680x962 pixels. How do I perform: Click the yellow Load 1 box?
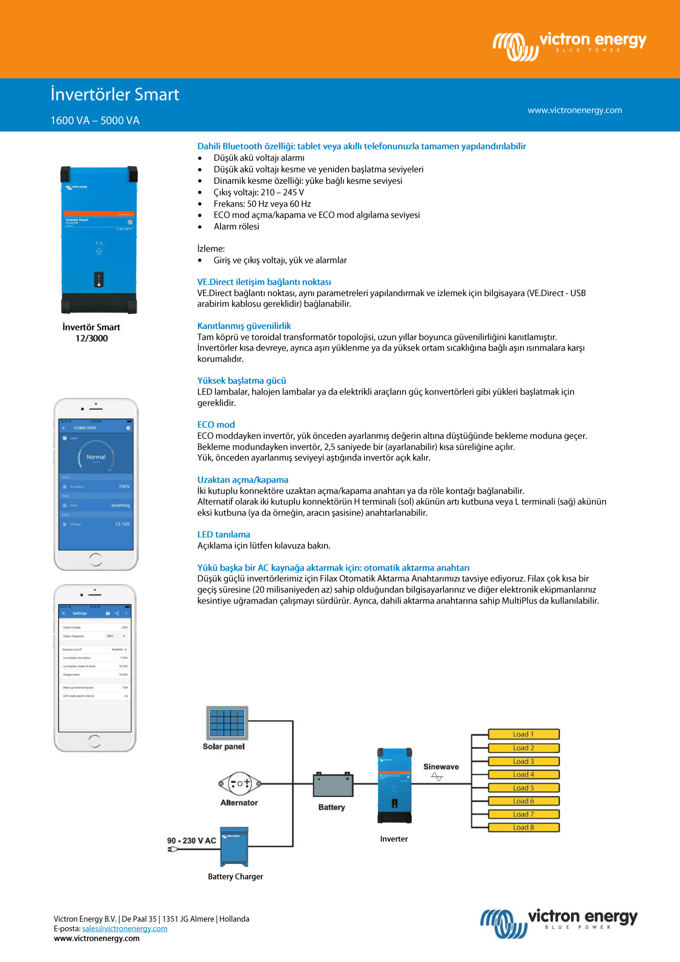pos(523,734)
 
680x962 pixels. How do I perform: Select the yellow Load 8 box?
pos(523,827)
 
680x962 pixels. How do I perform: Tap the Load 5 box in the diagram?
pos(523,788)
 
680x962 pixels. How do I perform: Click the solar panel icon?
pos(227,723)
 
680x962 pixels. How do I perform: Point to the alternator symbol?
pos(240,783)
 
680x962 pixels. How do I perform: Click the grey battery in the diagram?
pos(333,784)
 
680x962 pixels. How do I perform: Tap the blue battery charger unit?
pos(234,846)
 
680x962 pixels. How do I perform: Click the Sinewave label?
pos(441,766)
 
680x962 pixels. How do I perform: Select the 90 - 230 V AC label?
pos(191,841)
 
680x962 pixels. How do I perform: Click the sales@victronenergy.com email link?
pos(125,929)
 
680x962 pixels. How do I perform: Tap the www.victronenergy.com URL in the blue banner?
pos(574,110)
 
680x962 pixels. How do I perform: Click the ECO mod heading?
pos(216,424)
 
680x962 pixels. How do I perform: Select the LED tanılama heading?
pos(224,534)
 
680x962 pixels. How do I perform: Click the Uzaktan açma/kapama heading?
pos(243,479)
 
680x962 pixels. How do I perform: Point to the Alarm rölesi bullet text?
pos(236,226)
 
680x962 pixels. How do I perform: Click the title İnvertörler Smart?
pos(115,94)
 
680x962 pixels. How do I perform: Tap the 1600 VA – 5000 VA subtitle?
pos(95,121)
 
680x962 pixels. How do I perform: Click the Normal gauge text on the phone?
pos(96,457)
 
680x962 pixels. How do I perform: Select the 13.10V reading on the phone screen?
pos(122,524)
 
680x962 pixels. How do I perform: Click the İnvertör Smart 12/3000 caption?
pos(91,333)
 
